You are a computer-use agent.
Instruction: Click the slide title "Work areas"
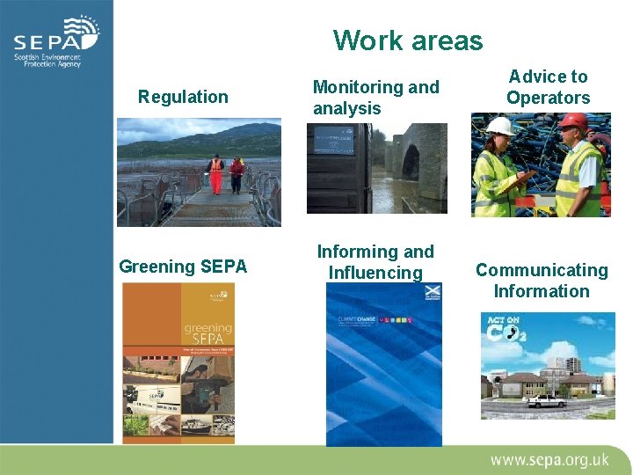point(408,40)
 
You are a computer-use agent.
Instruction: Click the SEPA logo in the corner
point(56,42)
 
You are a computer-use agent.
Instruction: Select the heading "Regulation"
point(183,97)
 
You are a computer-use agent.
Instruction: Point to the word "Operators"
point(548,98)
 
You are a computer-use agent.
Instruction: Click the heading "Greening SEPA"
point(183,266)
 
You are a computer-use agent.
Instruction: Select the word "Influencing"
point(375,273)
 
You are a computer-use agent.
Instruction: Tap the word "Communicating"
point(542,270)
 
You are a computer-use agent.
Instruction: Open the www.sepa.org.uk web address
point(549,459)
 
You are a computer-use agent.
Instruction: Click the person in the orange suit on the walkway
point(215,172)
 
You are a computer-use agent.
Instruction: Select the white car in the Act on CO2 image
point(548,401)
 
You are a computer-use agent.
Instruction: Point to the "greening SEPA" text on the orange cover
point(207,332)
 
